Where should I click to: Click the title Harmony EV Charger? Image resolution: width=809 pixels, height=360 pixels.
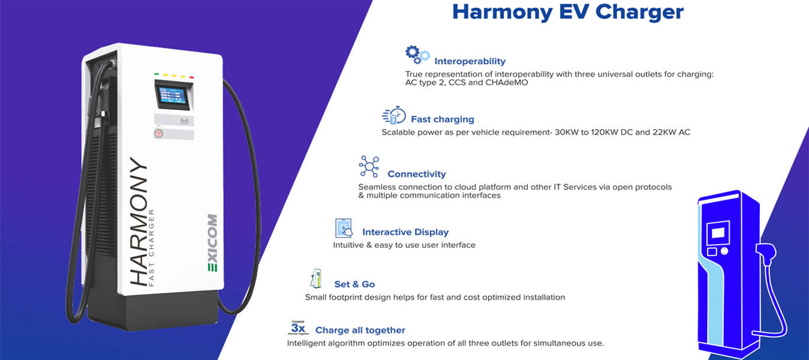click(568, 12)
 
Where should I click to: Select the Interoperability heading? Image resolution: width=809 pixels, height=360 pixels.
click(470, 61)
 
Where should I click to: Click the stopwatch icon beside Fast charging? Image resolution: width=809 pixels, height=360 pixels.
click(393, 115)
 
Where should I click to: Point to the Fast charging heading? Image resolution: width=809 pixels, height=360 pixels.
click(443, 119)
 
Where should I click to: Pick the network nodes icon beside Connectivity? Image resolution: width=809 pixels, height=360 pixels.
click(369, 167)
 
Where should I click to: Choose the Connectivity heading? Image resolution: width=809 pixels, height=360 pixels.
click(417, 174)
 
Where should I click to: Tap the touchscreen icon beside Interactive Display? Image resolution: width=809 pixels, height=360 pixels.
click(344, 228)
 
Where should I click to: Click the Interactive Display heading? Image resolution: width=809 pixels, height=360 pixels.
click(405, 232)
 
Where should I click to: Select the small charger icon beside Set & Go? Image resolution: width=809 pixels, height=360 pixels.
click(316, 278)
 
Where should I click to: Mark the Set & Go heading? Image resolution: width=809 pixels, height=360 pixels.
click(354, 284)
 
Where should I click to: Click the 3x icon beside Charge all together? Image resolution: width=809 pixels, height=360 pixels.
click(299, 328)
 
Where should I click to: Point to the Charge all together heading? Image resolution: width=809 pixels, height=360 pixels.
click(360, 331)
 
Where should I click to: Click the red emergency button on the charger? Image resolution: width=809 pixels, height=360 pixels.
click(158, 133)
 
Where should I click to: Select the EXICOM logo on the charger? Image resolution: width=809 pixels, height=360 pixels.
click(212, 243)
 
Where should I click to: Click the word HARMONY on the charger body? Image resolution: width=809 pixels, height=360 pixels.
click(139, 221)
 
